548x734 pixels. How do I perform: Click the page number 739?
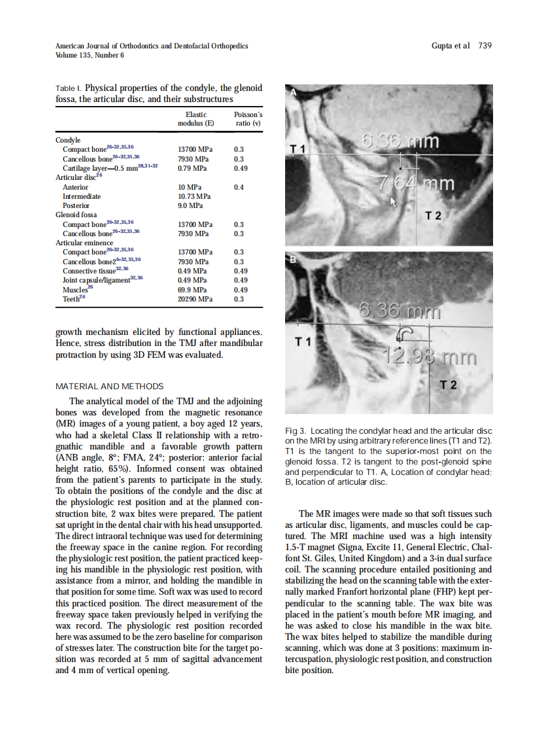point(484,46)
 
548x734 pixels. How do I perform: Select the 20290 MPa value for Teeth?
point(195,299)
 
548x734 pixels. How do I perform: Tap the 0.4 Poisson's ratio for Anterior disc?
point(239,187)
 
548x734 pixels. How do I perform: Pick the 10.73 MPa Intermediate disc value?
point(194,196)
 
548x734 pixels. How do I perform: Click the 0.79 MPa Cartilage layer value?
point(192,168)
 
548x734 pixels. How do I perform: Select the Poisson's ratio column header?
point(248,118)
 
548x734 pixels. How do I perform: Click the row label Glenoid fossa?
point(76,215)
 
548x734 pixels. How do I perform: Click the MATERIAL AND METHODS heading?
point(110,386)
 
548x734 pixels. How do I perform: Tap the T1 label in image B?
point(303,341)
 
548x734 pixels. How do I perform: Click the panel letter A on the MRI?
point(294,93)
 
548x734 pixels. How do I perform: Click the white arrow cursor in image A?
point(393,201)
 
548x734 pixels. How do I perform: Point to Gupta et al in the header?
point(451,46)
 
